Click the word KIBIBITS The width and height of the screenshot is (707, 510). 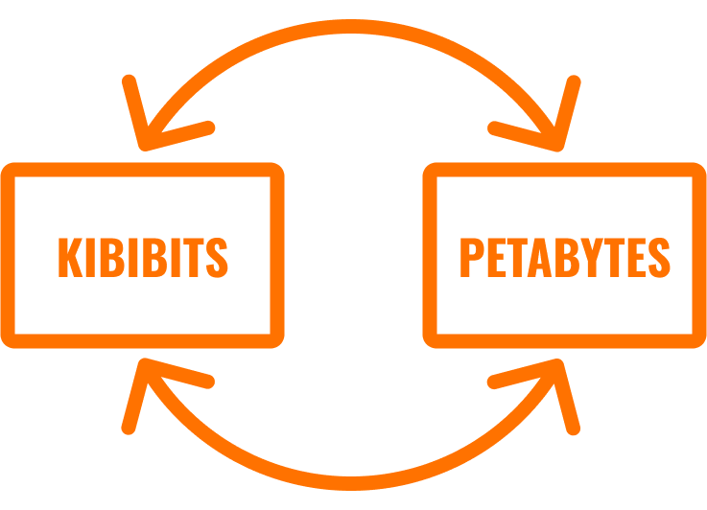click(x=143, y=256)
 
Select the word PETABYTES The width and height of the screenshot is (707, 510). click(x=564, y=256)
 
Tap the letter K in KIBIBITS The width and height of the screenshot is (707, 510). click(x=69, y=256)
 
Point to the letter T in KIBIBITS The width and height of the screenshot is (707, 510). click(x=196, y=256)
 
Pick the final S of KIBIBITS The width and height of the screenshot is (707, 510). click(x=218, y=256)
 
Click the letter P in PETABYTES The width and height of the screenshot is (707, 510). click(x=470, y=256)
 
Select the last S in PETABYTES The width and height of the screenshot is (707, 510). click(x=658, y=256)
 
